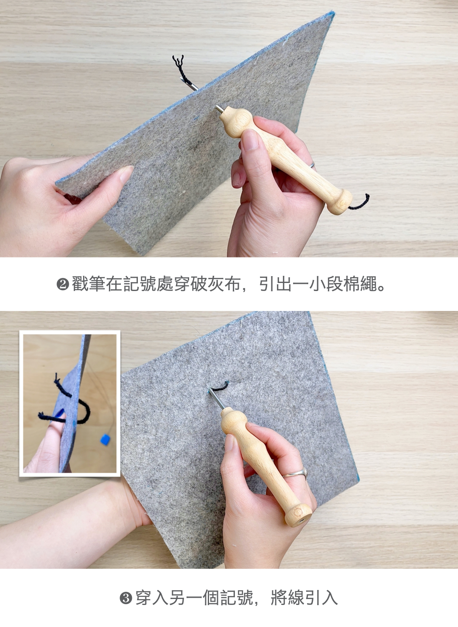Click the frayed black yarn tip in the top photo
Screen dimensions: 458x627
(x=179, y=61)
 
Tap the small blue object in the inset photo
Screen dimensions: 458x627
(x=105, y=439)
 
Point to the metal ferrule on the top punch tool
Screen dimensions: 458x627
(x=219, y=109)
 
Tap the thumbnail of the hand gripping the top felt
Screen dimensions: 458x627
(x=125, y=174)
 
